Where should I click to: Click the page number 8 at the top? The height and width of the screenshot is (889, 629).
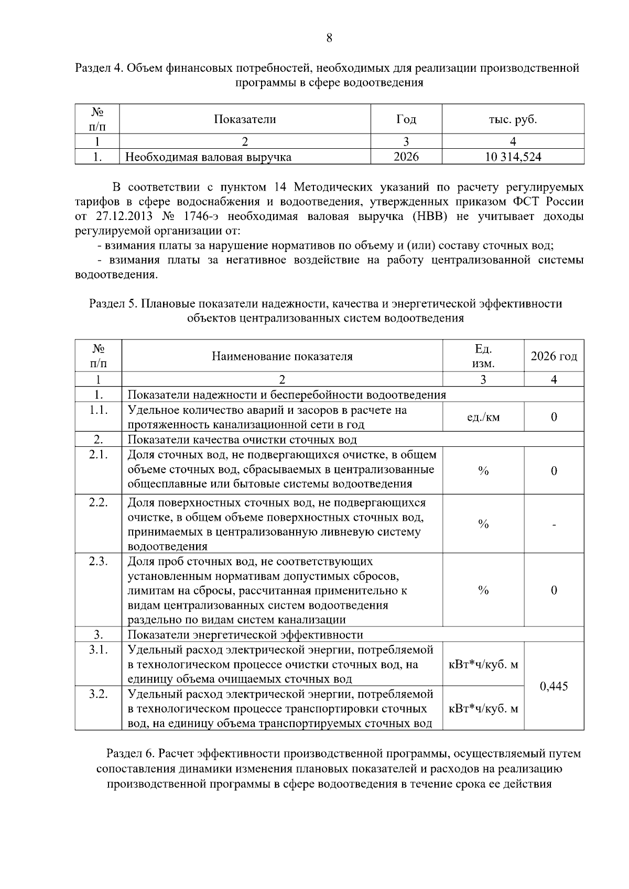(329, 38)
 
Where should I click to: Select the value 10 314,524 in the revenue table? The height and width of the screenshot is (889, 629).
(513, 157)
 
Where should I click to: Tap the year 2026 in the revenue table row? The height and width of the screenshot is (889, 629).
(406, 157)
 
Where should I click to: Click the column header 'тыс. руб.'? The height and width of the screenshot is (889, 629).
(513, 119)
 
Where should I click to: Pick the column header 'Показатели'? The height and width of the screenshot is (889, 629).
(245, 119)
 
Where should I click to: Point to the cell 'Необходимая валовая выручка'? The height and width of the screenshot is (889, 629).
(208, 157)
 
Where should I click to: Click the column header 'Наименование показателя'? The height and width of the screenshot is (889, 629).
(282, 357)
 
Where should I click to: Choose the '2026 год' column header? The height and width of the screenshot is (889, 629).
(554, 357)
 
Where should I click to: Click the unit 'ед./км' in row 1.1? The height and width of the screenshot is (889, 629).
(483, 418)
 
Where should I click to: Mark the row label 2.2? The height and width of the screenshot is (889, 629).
(98, 502)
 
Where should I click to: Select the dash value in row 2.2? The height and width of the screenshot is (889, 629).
(554, 524)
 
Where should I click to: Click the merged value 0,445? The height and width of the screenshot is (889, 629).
(554, 686)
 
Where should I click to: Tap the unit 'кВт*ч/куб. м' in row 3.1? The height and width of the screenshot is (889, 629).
(483, 665)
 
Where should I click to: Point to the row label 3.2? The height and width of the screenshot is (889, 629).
(98, 694)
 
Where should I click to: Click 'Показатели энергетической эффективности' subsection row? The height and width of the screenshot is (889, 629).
(245, 635)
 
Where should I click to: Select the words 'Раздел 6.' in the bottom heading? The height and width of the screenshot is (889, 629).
(131, 754)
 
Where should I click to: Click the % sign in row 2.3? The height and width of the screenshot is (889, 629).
(483, 590)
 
